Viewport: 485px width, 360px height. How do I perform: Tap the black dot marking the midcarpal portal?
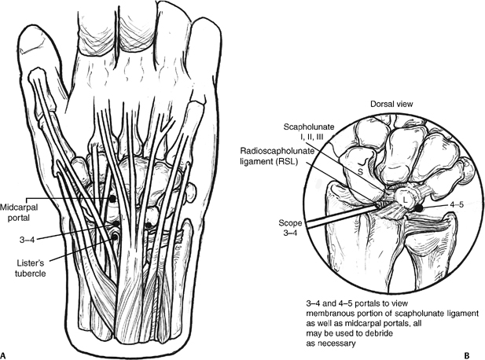(x=112, y=200)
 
